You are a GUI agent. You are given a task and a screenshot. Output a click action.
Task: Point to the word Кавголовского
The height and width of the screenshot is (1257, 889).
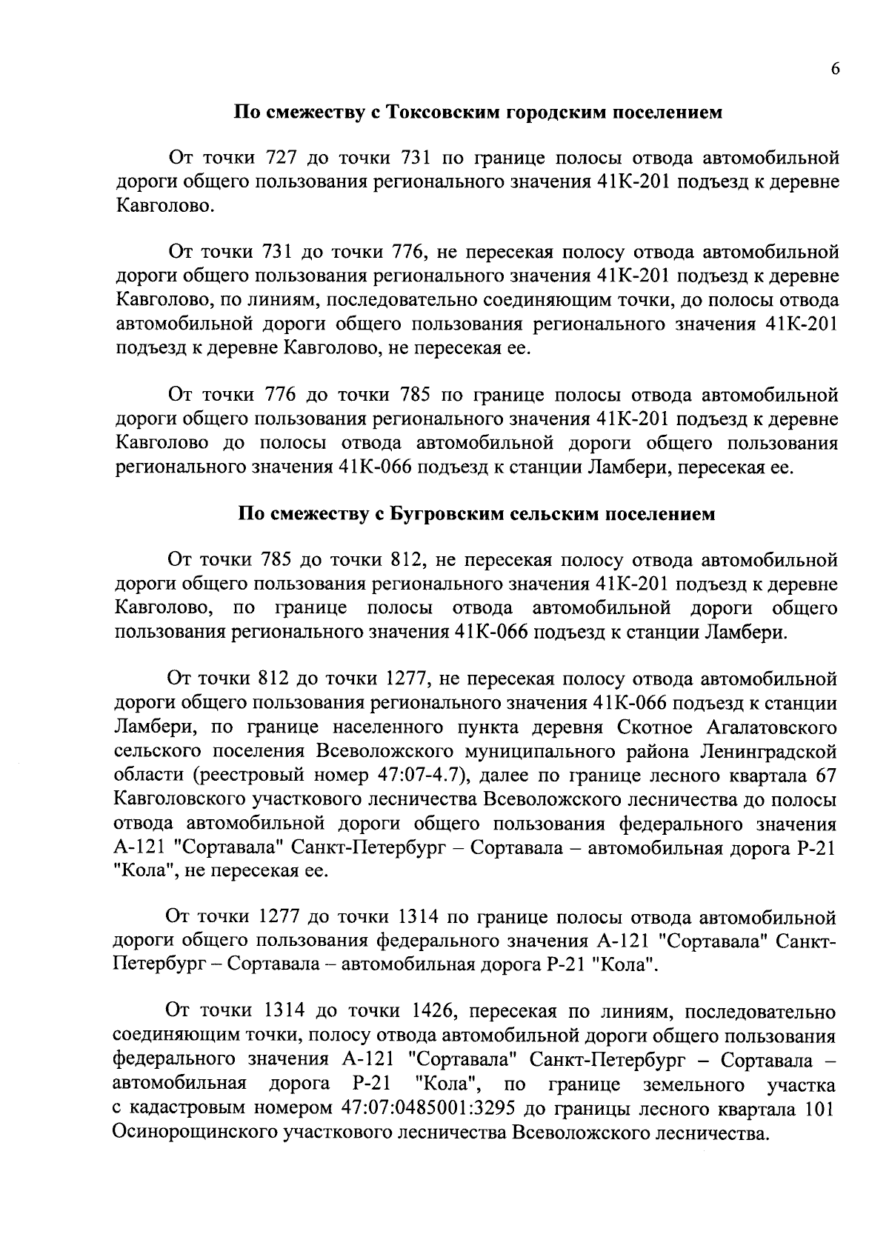pos(190,800)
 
